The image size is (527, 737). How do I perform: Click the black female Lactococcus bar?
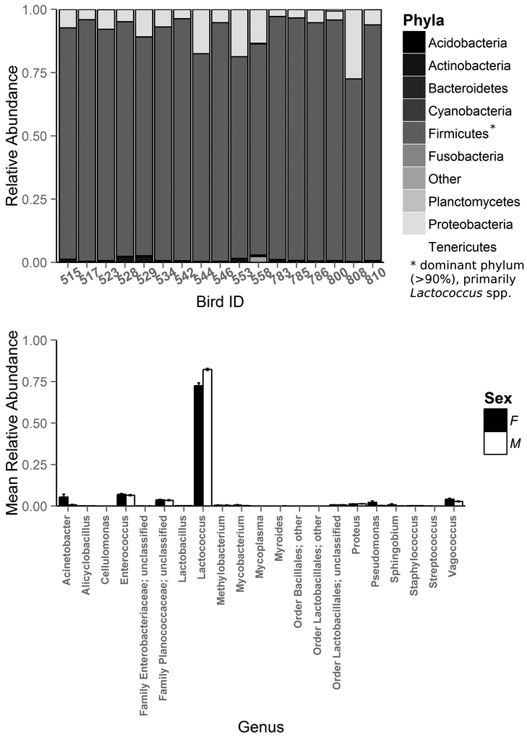(x=198, y=445)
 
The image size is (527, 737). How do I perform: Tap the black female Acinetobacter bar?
(x=64, y=501)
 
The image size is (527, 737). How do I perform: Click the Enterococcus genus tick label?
(x=126, y=550)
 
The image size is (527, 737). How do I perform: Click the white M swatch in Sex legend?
(x=494, y=443)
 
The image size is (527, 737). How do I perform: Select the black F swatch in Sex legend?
(x=494, y=420)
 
